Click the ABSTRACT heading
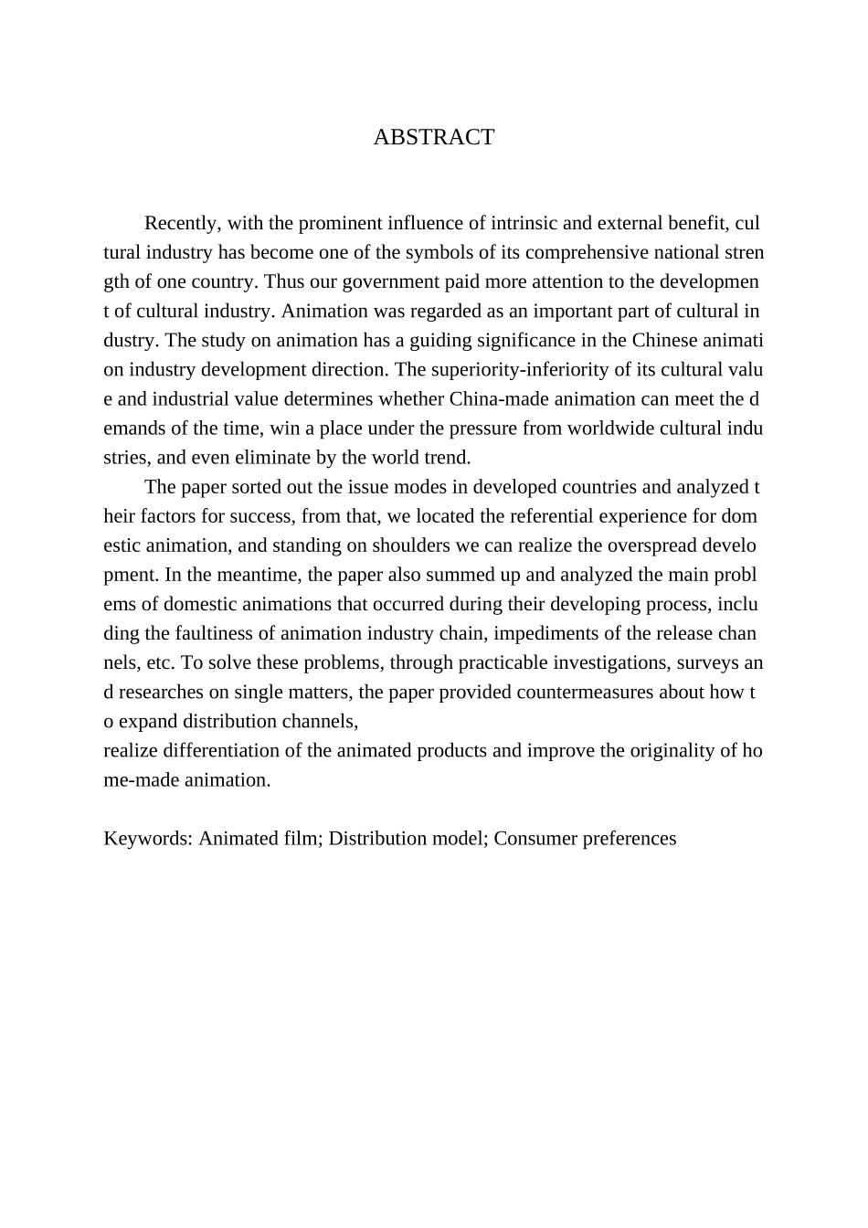pos(433,138)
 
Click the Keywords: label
pos(148,839)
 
